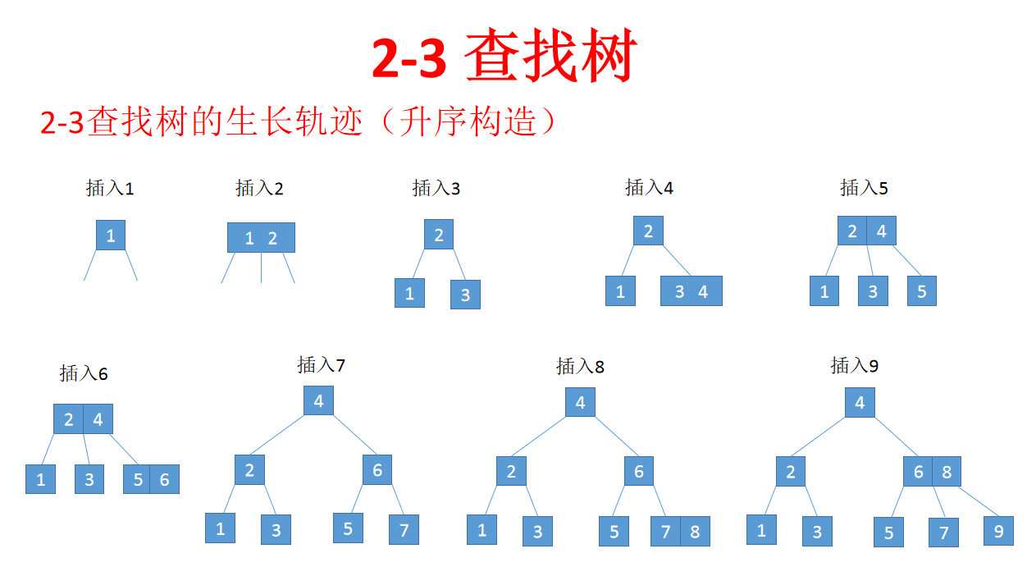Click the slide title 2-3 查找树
504,57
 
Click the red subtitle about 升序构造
303,122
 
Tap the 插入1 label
110,189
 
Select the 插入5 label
864,189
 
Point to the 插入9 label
854,366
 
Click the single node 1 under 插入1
111,235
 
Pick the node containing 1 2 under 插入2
261,238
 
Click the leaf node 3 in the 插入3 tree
465,295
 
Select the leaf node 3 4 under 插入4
692,291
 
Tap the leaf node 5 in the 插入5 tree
921,291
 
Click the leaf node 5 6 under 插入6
151,479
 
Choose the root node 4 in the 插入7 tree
318,401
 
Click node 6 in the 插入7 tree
377,470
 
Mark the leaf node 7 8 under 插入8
680,531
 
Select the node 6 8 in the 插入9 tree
932,472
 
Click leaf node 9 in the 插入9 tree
998,531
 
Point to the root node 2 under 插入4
648,231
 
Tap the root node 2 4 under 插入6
83,419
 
